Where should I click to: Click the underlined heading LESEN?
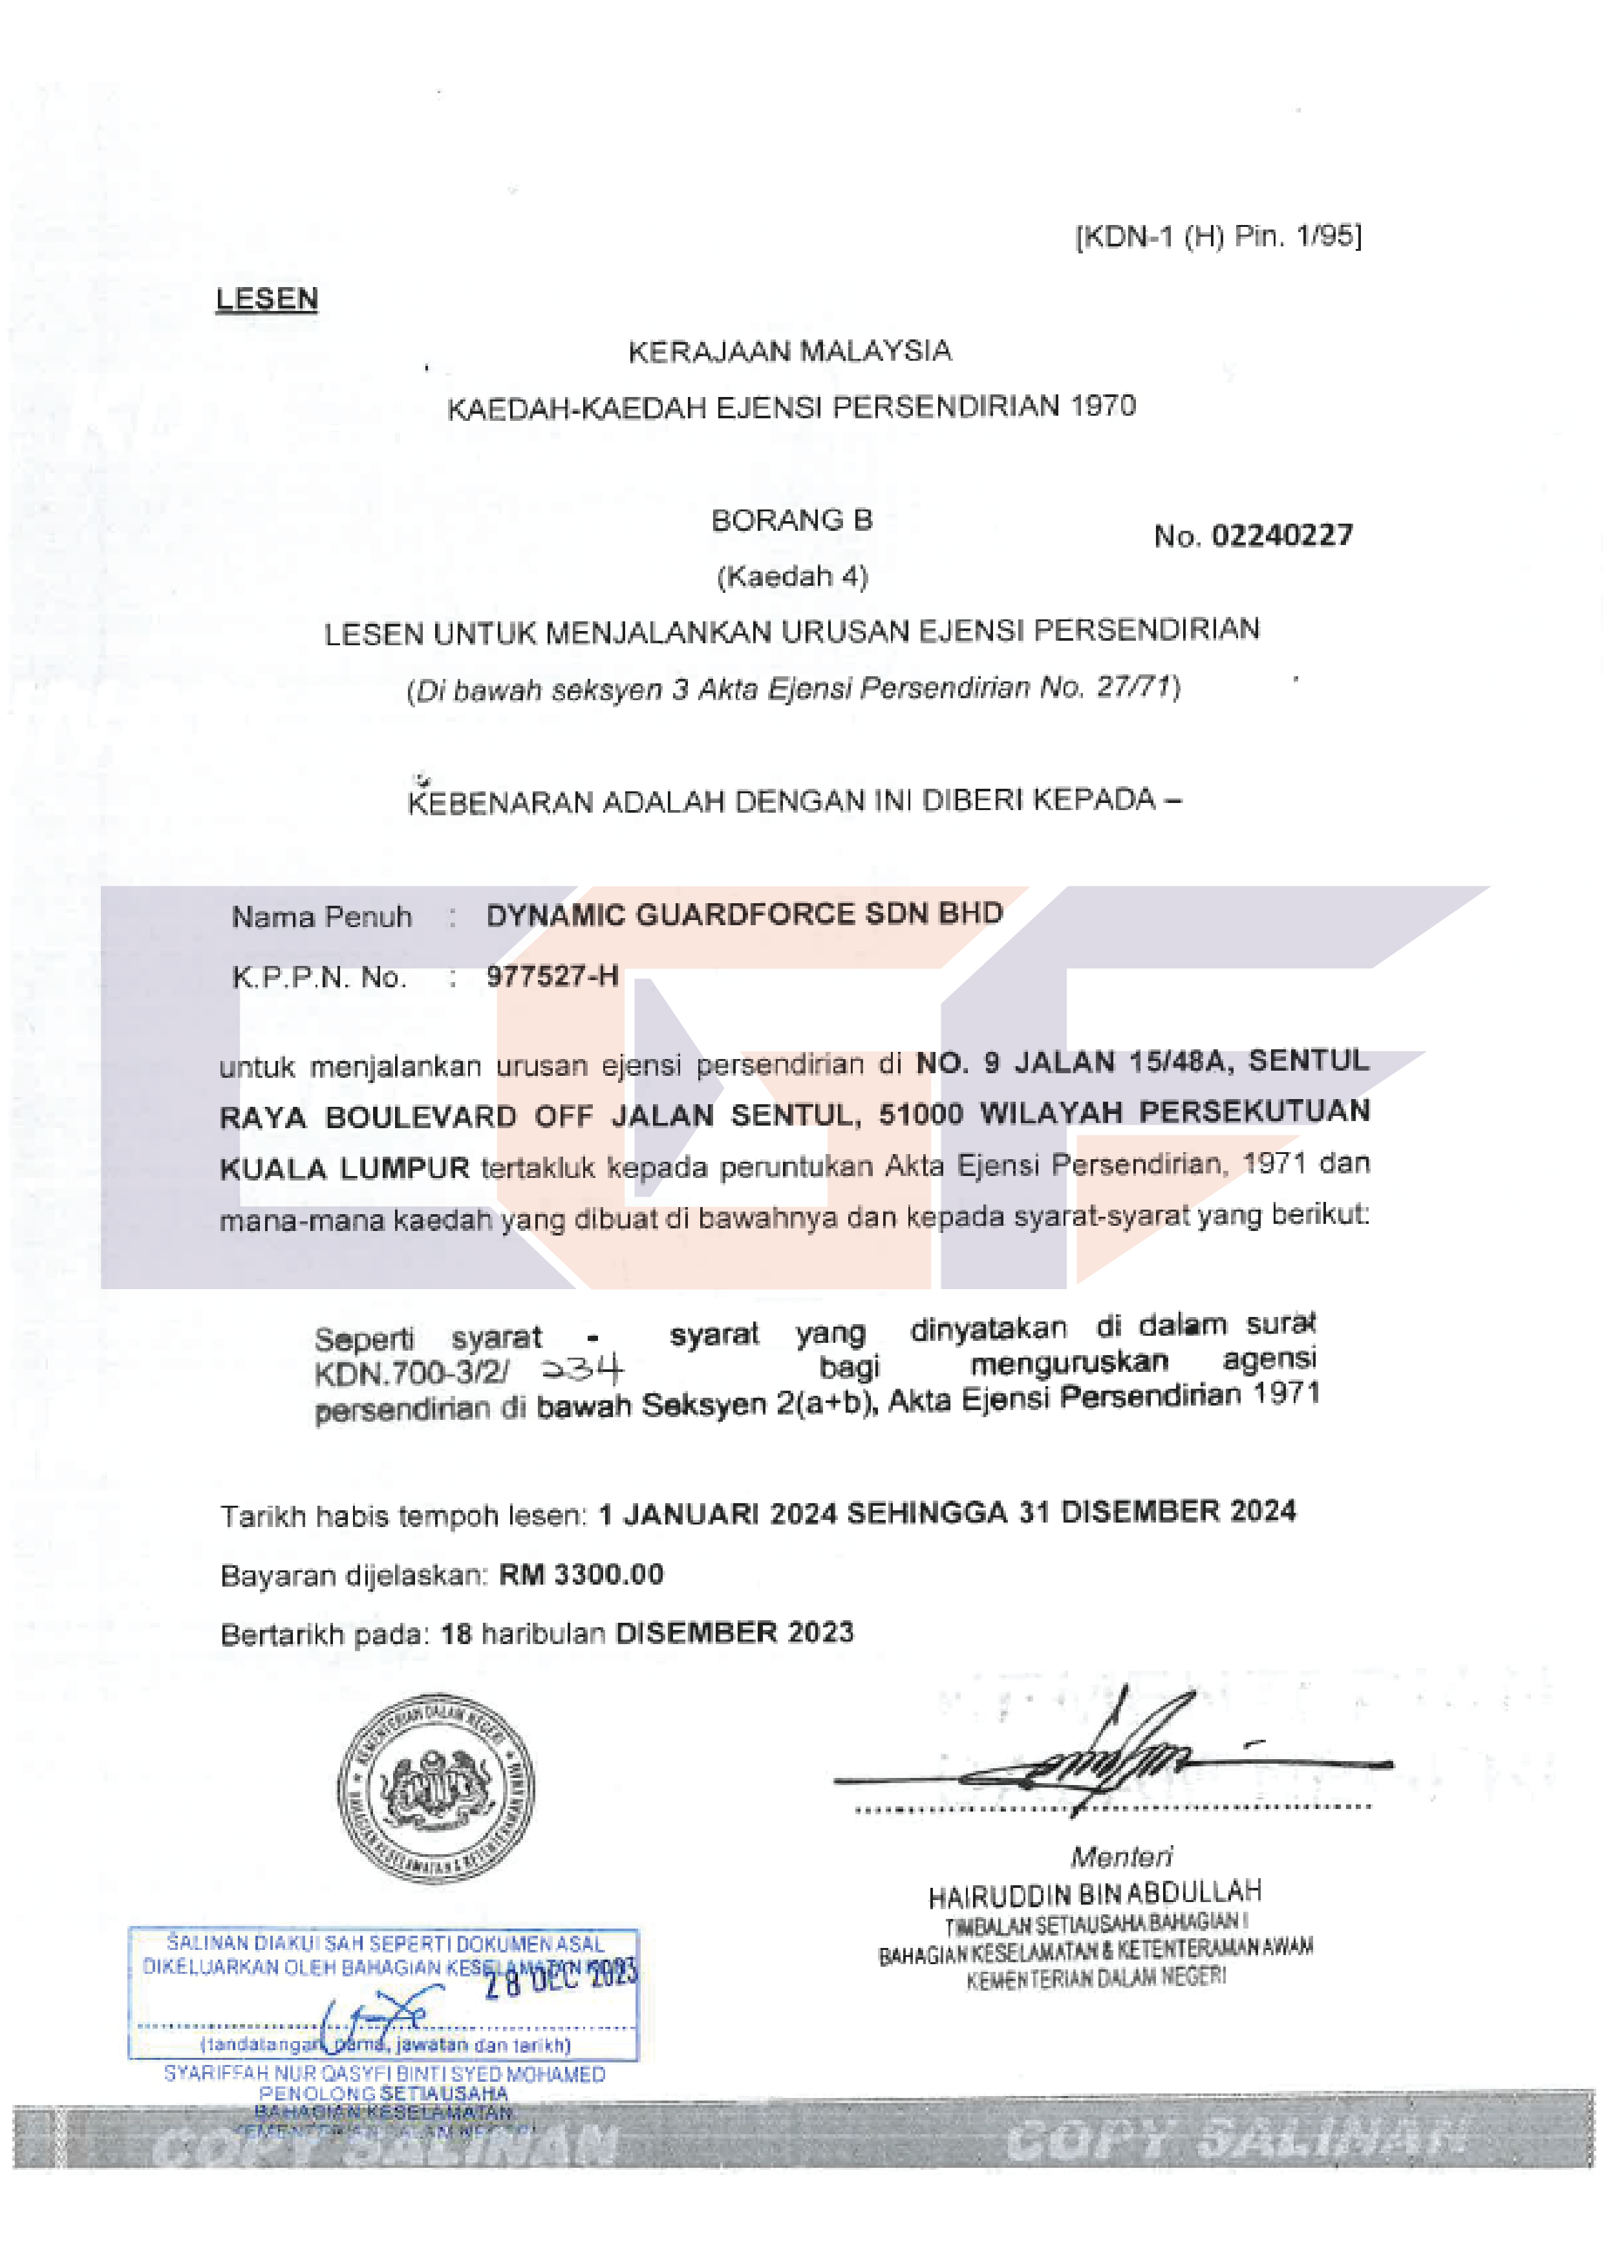[266, 298]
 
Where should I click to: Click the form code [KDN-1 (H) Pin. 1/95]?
[1218, 236]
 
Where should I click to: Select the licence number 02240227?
[1282, 535]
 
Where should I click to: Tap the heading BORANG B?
[791, 520]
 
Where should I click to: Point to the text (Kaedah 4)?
[792, 576]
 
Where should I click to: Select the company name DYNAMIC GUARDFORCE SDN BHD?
[743, 914]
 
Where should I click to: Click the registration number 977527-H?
[552, 976]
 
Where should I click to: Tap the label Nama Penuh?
[321, 917]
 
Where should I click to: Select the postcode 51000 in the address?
[921, 1113]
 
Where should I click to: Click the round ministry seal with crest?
[436, 1788]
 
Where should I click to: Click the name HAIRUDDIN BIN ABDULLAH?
[1095, 1894]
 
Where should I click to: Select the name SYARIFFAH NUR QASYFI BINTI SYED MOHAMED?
[384, 2073]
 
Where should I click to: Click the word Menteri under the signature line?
[1121, 1856]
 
